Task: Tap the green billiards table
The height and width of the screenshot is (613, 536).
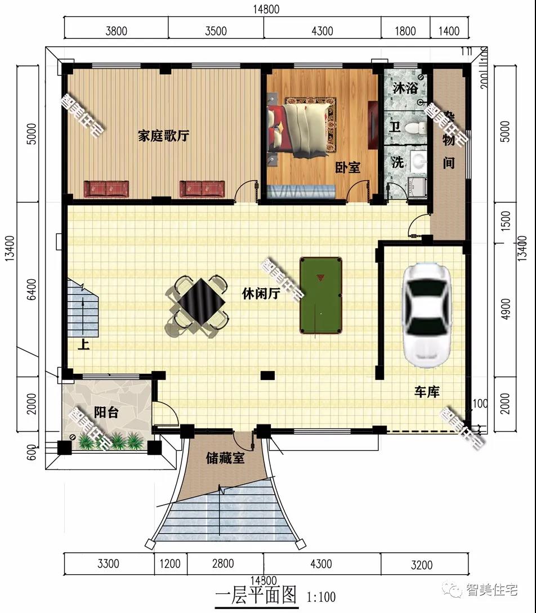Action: click(x=321, y=296)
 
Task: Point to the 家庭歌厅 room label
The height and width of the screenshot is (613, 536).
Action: click(x=163, y=136)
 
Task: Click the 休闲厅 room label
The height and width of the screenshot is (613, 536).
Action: click(x=261, y=294)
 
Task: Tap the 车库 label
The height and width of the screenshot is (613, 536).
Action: click(x=427, y=392)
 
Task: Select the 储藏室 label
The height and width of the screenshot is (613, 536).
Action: click(x=225, y=458)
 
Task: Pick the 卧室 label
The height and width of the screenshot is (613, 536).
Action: click(x=347, y=167)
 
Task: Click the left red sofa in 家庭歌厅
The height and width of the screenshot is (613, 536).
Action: click(x=106, y=189)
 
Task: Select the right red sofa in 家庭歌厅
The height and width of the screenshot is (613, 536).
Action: click(x=202, y=189)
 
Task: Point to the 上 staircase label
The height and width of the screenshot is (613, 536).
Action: click(x=83, y=344)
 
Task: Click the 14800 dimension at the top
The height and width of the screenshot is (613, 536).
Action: click(x=266, y=10)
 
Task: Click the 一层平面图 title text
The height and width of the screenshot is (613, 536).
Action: click(x=256, y=594)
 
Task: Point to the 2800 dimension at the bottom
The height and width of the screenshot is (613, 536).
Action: click(x=224, y=563)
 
